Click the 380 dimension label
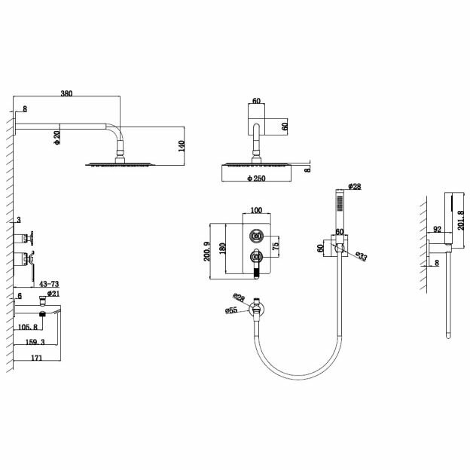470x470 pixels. click(x=66, y=94)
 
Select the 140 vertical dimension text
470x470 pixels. click(x=180, y=145)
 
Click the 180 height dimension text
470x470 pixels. click(x=222, y=249)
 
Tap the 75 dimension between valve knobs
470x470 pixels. click(x=276, y=245)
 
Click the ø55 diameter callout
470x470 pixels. click(x=231, y=310)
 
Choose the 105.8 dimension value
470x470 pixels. click(x=29, y=327)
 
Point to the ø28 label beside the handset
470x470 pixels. click(x=353, y=185)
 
